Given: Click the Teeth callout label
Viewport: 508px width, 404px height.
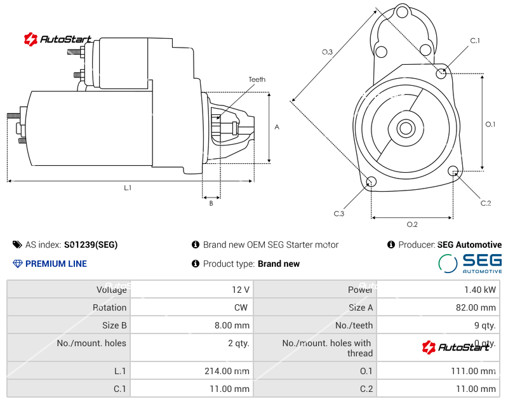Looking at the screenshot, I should (257, 79).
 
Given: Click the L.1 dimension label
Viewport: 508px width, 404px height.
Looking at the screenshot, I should (128, 188).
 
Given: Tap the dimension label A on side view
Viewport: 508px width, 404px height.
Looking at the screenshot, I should (277, 127).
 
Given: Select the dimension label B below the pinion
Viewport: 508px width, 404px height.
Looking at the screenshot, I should (211, 203).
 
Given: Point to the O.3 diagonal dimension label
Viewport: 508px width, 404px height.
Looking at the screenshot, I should (328, 52).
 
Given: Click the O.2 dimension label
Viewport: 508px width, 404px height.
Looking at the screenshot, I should (411, 224).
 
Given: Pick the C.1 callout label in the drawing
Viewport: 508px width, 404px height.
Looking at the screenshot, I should (475, 41).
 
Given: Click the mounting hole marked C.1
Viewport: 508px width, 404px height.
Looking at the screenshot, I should (442, 73).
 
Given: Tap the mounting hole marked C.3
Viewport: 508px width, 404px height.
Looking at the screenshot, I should (372, 183).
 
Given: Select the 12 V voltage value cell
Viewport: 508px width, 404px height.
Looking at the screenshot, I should (241, 290).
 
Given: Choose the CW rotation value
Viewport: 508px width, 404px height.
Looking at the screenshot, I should (242, 307).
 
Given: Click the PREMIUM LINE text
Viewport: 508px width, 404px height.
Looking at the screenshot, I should (56, 264).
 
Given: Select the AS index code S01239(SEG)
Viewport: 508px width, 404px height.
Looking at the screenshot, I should (90, 245).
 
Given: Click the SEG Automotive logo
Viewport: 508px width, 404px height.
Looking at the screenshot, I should (471, 263).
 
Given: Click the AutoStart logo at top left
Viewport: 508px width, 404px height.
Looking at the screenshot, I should (58, 39).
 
